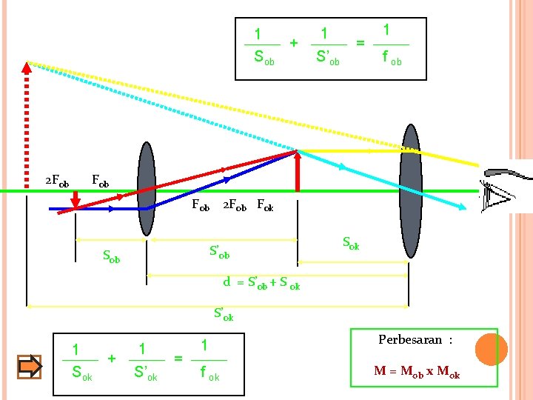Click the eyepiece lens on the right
[409, 191]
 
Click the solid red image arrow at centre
[297, 170]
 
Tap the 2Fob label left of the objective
[57, 181]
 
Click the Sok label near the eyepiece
[350, 242]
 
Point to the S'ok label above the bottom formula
[224, 314]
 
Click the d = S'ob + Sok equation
[262, 283]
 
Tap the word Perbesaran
[410, 340]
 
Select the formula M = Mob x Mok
[417, 373]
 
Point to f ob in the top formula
[392, 58]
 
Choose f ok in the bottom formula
[208, 375]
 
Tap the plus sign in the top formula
[294, 42]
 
